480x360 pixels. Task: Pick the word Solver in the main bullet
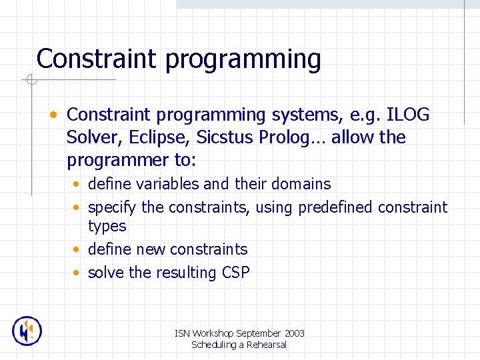(90, 138)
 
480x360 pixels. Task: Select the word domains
(299, 184)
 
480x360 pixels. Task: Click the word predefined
(335, 207)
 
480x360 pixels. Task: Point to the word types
(107, 227)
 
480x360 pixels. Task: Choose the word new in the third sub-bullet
(151, 249)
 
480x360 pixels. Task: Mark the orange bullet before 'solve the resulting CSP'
(78, 273)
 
